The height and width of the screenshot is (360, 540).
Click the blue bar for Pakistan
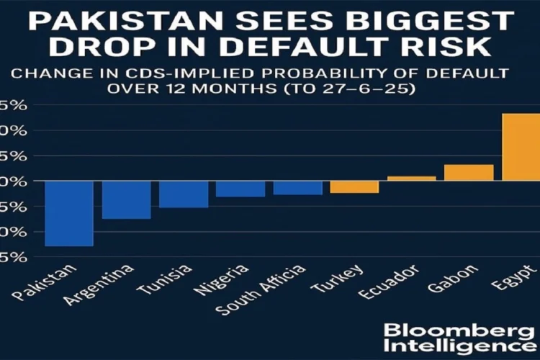pos(69,213)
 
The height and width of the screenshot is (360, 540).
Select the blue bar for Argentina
pos(126,199)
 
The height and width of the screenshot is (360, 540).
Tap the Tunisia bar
pos(184,194)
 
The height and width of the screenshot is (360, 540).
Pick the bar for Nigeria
pos(240,189)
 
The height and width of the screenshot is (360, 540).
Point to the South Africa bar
pos(297,187)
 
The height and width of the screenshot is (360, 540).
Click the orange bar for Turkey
pos(354,186)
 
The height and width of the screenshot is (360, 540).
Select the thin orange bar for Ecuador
pos(411,178)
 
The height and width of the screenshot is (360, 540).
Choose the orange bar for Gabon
pos(469,172)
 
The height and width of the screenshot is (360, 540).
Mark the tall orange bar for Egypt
pos(521,147)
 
